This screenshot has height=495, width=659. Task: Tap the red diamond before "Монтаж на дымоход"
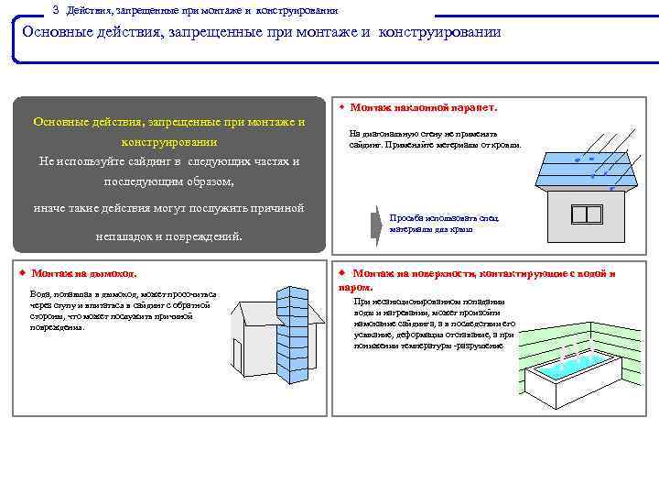click(x=23, y=273)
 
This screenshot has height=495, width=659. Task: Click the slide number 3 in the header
click(x=56, y=9)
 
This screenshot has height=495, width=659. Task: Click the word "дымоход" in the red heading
click(x=113, y=274)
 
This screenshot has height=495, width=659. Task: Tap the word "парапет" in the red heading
click(x=473, y=108)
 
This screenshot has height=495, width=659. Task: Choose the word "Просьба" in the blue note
click(x=404, y=218)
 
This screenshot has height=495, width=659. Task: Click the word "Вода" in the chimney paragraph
click(x=39, y=293)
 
